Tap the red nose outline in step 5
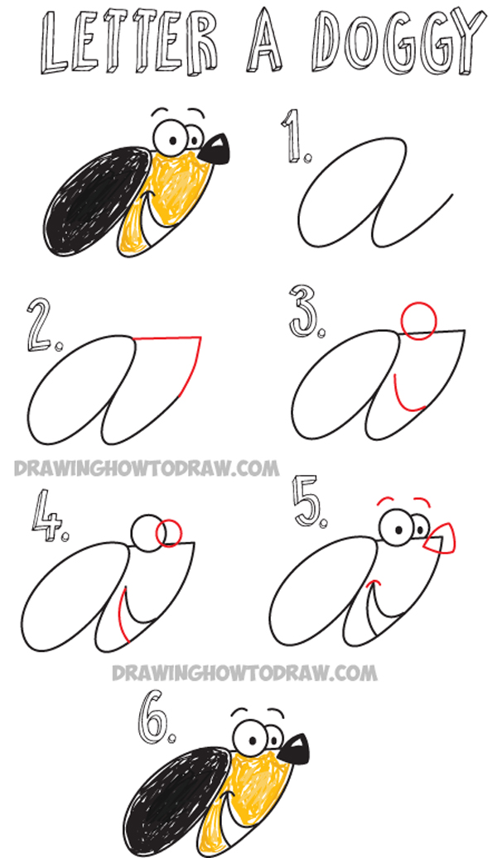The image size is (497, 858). (439, 539)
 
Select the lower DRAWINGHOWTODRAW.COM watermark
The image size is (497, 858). (244, 672)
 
